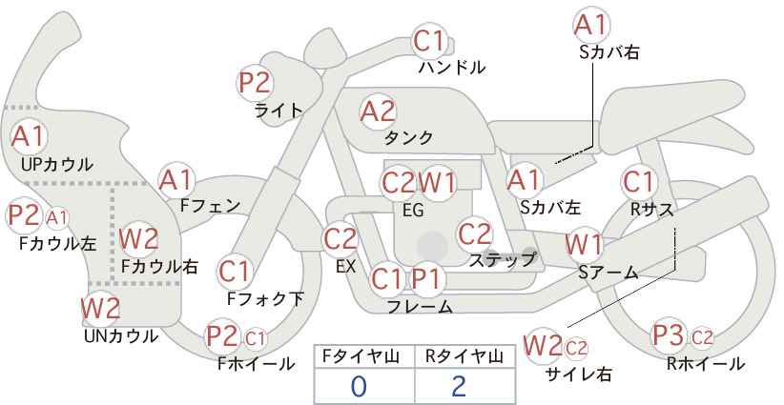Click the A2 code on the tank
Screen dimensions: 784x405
[378, 111]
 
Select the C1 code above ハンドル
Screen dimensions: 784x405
[429, 41]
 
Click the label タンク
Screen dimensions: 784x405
[408, 137]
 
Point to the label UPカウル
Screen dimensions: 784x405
[57, 164]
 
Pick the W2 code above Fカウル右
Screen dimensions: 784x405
[139, 238]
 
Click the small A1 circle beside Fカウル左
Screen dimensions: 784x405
[57, 218]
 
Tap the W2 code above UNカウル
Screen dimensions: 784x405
[100, 308]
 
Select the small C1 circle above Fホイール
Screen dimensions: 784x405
[255, 338]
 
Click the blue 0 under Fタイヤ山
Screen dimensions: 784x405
[359, 387]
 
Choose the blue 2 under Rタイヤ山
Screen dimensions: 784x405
[458, 387]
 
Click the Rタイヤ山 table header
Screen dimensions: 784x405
[464, 356]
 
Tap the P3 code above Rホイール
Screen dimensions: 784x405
[669, 335]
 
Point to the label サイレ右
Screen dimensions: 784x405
[579, 374]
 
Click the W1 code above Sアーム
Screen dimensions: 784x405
[584, 244]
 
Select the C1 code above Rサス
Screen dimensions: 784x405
[638, 182]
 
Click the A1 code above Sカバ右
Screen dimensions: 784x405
[591, 25]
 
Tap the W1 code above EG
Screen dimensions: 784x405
[437, 183]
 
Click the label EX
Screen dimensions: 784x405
[345, 266]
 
